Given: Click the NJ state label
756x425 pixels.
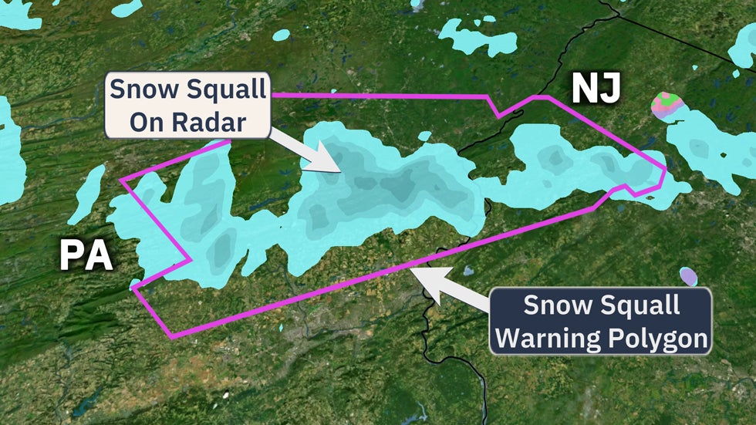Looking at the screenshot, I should point(596,89).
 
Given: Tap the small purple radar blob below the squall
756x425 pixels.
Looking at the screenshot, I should point(688,276).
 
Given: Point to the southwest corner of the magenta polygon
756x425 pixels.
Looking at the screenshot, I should point(170,336).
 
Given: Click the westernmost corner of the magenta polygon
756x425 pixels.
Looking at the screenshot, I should point(122,180).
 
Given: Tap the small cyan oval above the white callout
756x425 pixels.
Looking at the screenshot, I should point(281,35).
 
